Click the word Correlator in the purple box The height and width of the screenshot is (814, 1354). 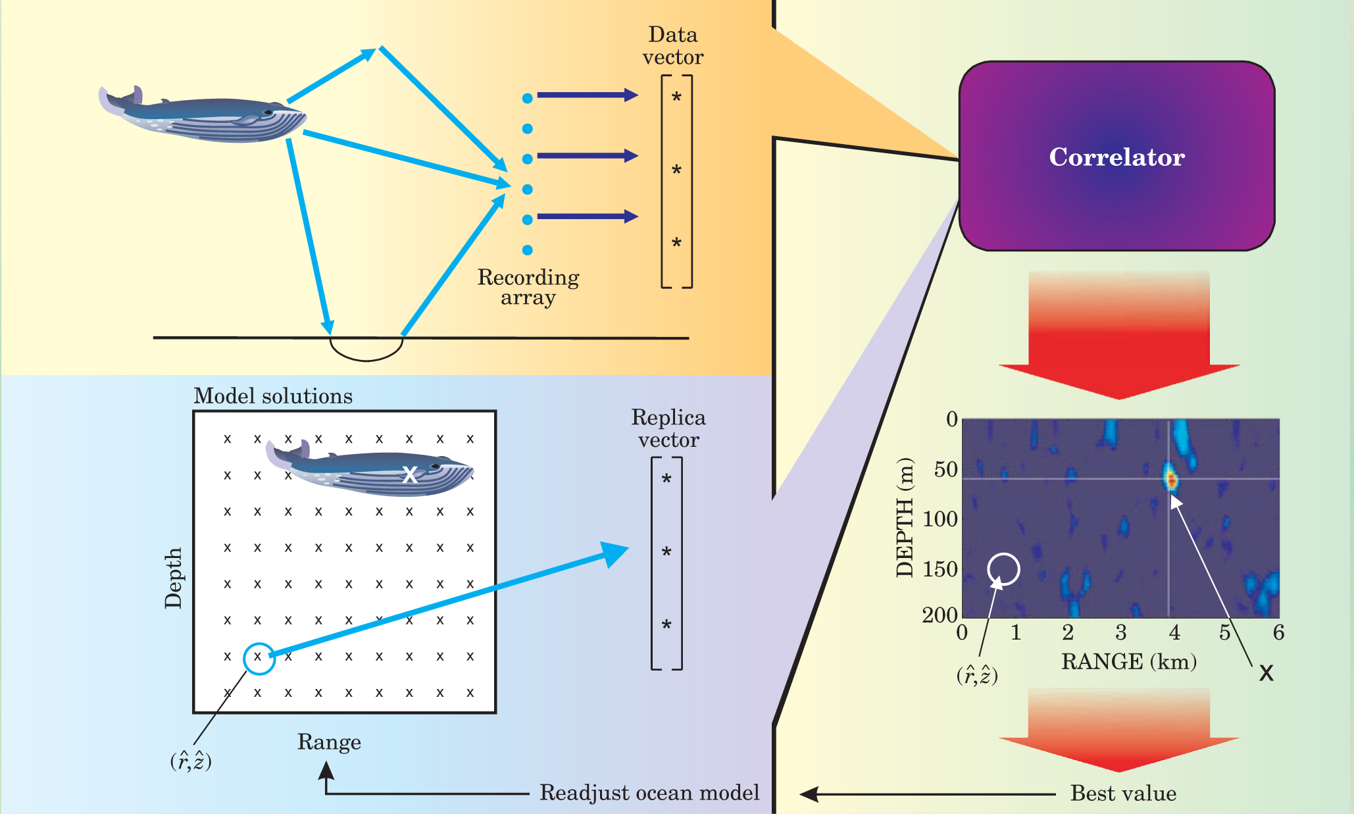point(1116,157)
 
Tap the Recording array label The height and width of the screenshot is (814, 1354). point(528,287)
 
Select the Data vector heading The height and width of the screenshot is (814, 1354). point(672,45)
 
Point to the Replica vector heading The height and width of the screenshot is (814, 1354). point(668,428)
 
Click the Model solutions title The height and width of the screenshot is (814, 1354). point(273,396)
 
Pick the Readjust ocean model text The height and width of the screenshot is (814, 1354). point(649,792)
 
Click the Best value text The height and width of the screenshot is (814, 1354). point(1123,793)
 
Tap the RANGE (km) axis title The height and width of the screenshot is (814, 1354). point(1129,661)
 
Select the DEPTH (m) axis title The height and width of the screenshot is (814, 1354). point(906,518)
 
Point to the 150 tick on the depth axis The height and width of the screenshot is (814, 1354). point(940,569)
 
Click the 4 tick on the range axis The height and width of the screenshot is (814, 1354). point(1174,633)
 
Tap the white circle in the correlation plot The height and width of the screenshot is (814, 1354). point(1004,569)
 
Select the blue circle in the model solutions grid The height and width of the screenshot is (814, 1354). point(259,658)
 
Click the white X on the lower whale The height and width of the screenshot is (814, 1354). point(410,474)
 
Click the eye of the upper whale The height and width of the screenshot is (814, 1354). point(268,113)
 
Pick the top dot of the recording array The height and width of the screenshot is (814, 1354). point(527,99)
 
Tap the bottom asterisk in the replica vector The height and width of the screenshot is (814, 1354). point(666,626)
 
